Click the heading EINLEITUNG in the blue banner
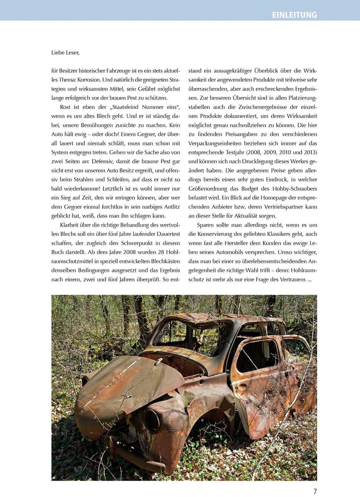(294, 15)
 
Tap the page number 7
(315, 491)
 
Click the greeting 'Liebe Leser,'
(65, 52)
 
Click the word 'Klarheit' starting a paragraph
(71, 224)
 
